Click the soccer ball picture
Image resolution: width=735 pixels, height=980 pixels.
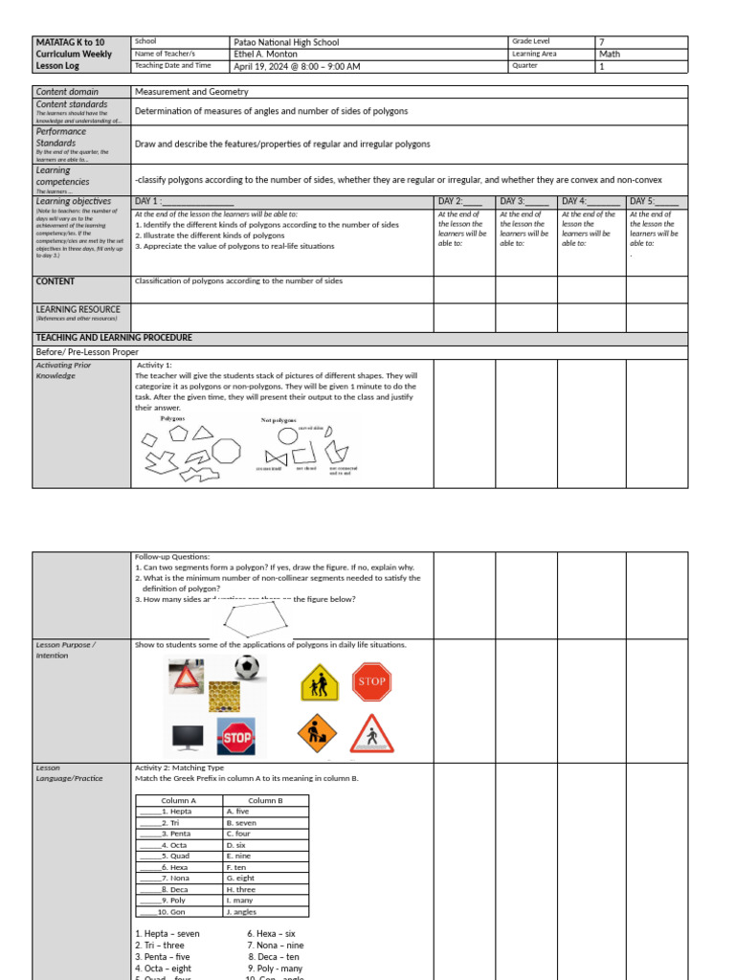pos(246,667)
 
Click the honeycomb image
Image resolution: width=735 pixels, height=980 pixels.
pos(218,691)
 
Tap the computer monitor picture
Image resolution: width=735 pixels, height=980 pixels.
pos(186,737)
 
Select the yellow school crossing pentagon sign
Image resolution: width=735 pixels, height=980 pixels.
pos(320,683)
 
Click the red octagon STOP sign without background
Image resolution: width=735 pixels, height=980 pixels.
pos(371,681)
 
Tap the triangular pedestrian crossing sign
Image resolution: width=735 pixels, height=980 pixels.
pos(371,734)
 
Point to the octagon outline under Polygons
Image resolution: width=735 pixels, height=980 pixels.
pos(226,450)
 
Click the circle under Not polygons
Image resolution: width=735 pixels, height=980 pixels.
pos(288,435)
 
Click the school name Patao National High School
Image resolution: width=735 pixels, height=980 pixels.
pos(286,42)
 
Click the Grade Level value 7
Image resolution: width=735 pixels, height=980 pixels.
pos(602,42)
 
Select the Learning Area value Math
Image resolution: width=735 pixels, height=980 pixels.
pos(609,55)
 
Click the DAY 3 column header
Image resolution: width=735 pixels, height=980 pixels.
pos(523,201)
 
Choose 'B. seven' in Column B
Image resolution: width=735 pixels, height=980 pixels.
pos(241,822)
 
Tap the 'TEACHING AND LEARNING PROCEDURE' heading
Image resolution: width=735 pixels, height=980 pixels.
pos(114,338)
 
